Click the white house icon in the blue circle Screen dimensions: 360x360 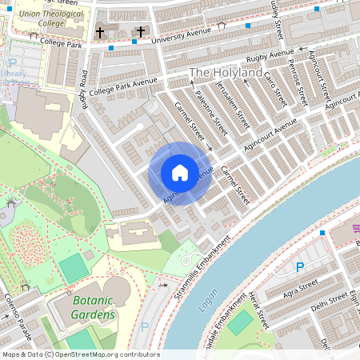(x=180, y=173)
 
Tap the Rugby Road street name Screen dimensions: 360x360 (x=83, y=89)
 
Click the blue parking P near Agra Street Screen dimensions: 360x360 (x=301, y=267)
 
